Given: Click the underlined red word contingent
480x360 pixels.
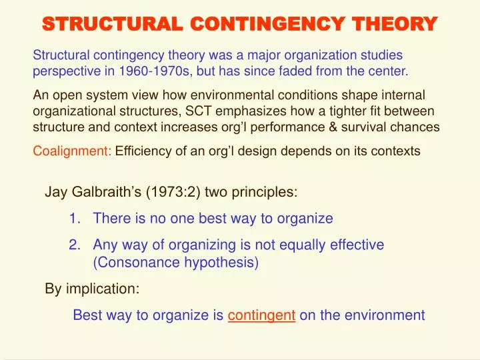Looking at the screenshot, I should coord(261,315).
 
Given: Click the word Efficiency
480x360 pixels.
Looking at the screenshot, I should coord(143,151).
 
